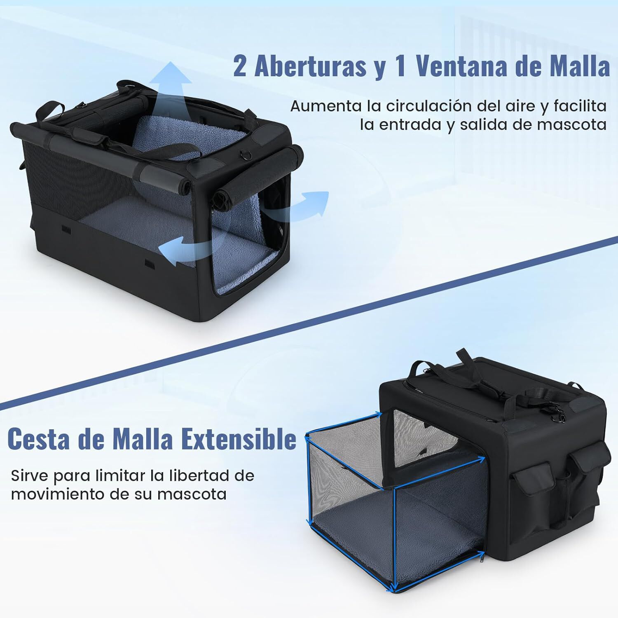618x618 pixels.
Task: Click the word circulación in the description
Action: click(429, 106)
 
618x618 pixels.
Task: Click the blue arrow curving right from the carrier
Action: click(301, 206)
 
